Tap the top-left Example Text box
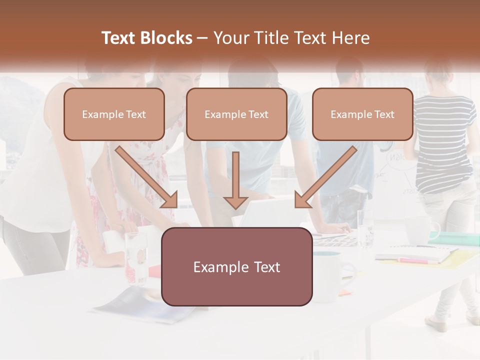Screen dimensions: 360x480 pos(114,114)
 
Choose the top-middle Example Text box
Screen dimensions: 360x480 pos(236,114)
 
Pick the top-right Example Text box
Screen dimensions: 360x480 pos(362,114)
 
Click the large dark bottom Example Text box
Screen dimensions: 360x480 pos(237,266)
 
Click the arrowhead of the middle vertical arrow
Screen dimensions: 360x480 pos(235,202)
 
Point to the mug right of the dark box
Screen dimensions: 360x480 pos(332,275)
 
